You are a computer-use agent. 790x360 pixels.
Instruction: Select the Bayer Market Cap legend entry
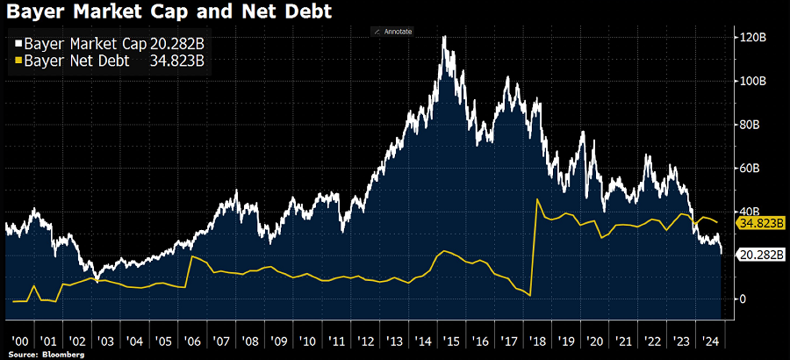click(x=110, y=44)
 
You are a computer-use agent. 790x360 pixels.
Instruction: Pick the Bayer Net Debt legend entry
click(x=110, y=61)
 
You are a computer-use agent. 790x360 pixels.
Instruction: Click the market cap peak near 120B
click(x=444, y=37)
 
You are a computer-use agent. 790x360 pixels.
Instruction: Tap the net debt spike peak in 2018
click(x=536, y=200)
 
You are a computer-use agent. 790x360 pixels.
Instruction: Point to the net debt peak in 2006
click(x=190, y=256)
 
